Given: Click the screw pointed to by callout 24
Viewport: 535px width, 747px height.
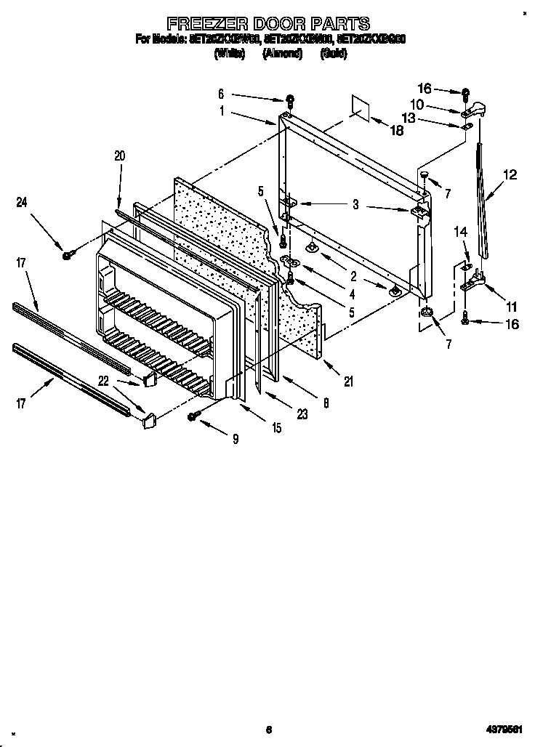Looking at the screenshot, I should pos(67,254).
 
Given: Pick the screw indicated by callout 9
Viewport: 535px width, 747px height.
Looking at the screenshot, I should pos(194,416).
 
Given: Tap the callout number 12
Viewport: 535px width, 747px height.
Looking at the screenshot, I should pos(510,174).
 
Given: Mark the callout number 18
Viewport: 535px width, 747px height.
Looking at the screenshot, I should pos(396,132).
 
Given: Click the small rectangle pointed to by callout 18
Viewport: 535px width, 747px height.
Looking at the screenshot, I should pos(358,106).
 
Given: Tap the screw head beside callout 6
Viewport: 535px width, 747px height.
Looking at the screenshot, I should pos(290,98).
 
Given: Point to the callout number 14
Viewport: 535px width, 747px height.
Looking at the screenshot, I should pos(459,231).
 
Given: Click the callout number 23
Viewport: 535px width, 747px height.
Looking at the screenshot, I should pos(301,415).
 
